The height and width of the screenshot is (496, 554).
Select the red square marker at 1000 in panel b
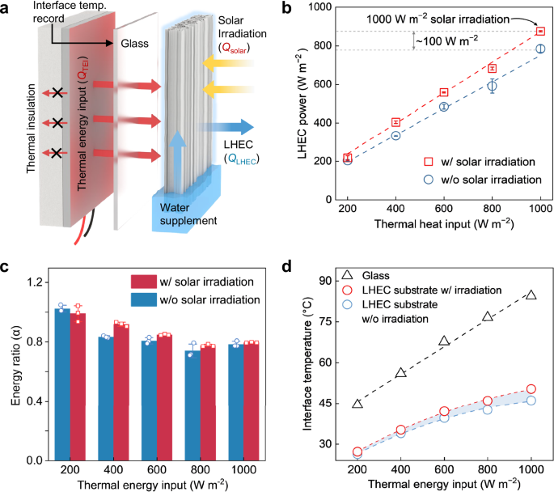coord(540,32)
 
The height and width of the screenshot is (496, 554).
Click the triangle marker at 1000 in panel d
coord(531,295)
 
